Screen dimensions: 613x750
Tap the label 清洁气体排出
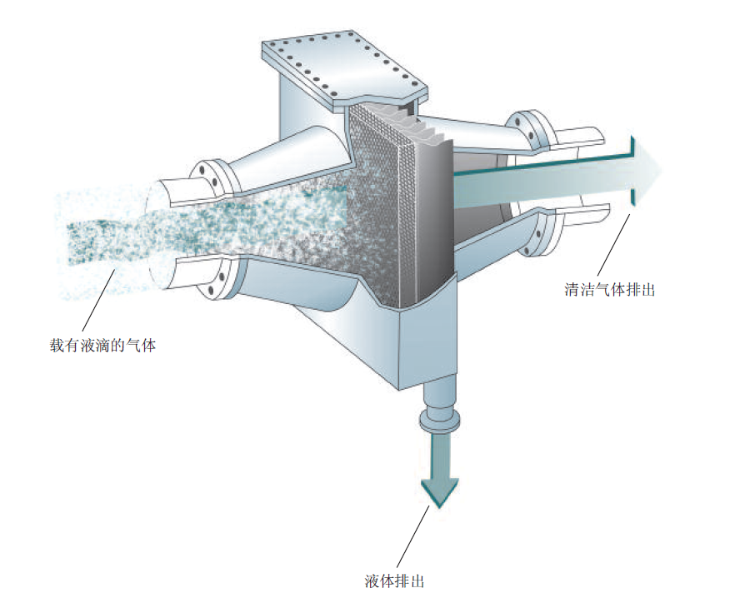[x=609, y=290]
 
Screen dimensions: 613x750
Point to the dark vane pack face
[x=434, y=217]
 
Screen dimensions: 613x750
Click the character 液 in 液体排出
[x=372, y=581]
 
